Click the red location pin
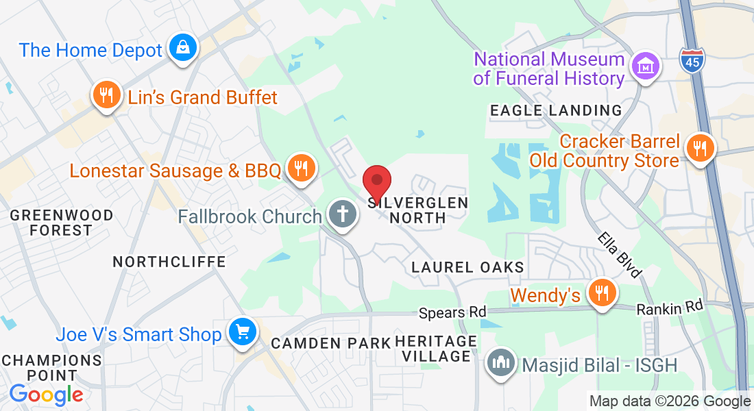click(376, 182)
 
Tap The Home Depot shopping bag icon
click(183, 49)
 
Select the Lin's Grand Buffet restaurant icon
click(106, 95)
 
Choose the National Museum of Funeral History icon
click(646, 67)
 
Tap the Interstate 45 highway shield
click(693, 60)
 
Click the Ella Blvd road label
click(619, 255)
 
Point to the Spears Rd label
click(453, 312)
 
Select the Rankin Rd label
click(670, 308)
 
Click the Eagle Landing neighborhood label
click(556, 110)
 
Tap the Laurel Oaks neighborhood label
click(468, 267)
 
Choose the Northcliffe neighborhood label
click(169, 262)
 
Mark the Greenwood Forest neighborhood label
click(62, 223)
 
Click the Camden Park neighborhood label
click(331, 342)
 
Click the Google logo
click(47, 394)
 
